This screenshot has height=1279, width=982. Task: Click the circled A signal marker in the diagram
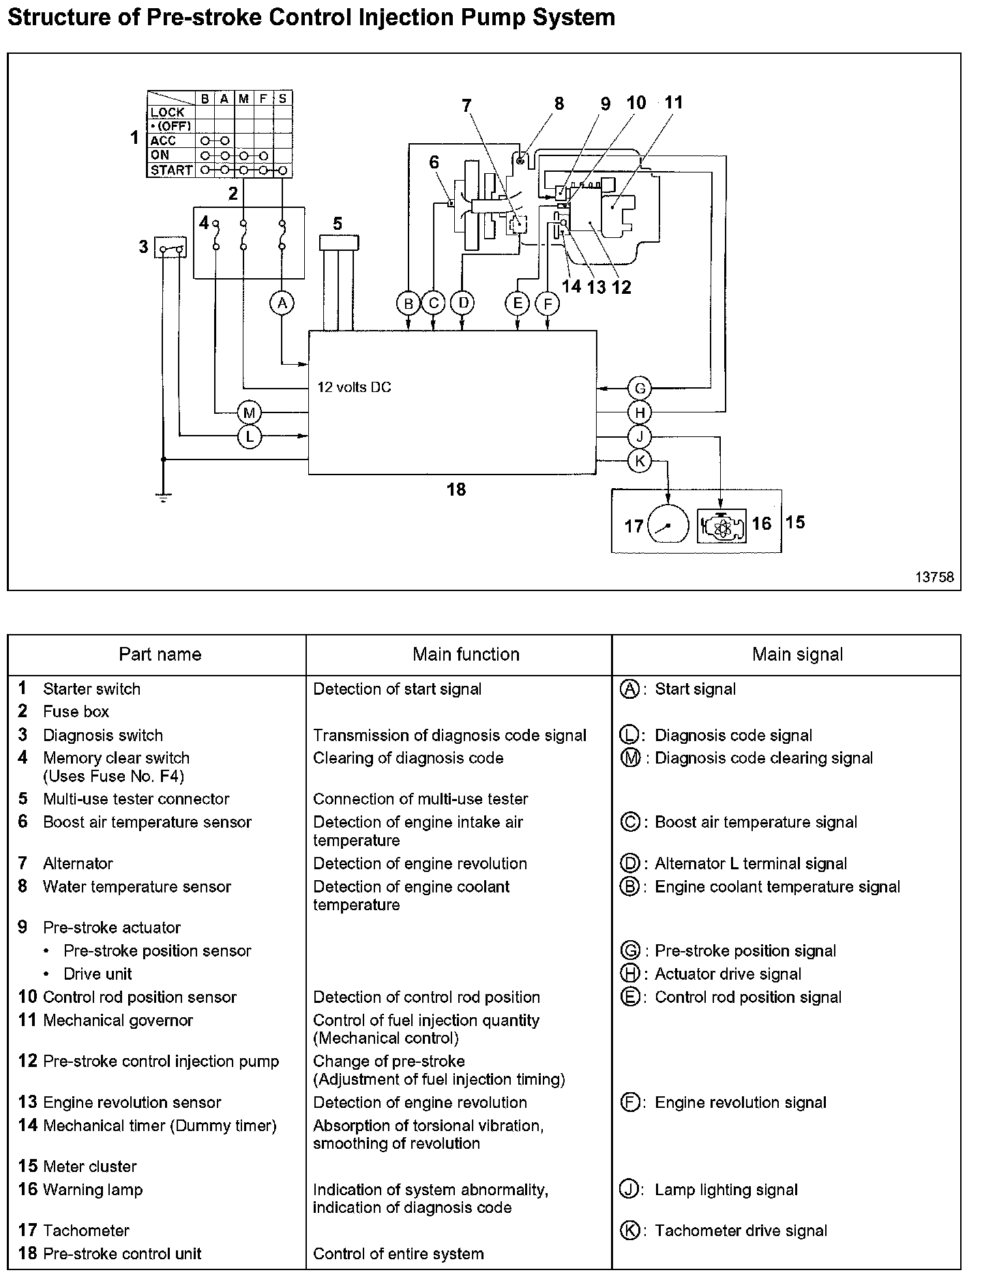282,303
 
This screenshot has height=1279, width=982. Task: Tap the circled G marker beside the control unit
640,389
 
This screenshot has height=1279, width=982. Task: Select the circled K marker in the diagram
640,461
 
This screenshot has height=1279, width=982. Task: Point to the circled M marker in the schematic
250,412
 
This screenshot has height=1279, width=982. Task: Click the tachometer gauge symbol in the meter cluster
667,524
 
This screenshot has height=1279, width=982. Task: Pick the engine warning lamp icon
721,525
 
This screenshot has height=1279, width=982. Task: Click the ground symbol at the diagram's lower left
164,497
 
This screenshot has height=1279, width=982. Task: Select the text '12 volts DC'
354,387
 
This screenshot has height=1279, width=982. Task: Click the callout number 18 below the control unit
456,489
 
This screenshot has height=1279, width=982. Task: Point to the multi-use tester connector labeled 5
339,243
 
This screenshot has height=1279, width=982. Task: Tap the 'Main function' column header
466,654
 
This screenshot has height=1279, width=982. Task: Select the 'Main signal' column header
797,654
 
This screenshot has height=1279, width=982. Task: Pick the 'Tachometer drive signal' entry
741,1231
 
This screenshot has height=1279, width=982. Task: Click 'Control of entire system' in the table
398,1254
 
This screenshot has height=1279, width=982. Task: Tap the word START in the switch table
171,170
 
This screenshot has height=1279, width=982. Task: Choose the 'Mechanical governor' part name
118,1021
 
